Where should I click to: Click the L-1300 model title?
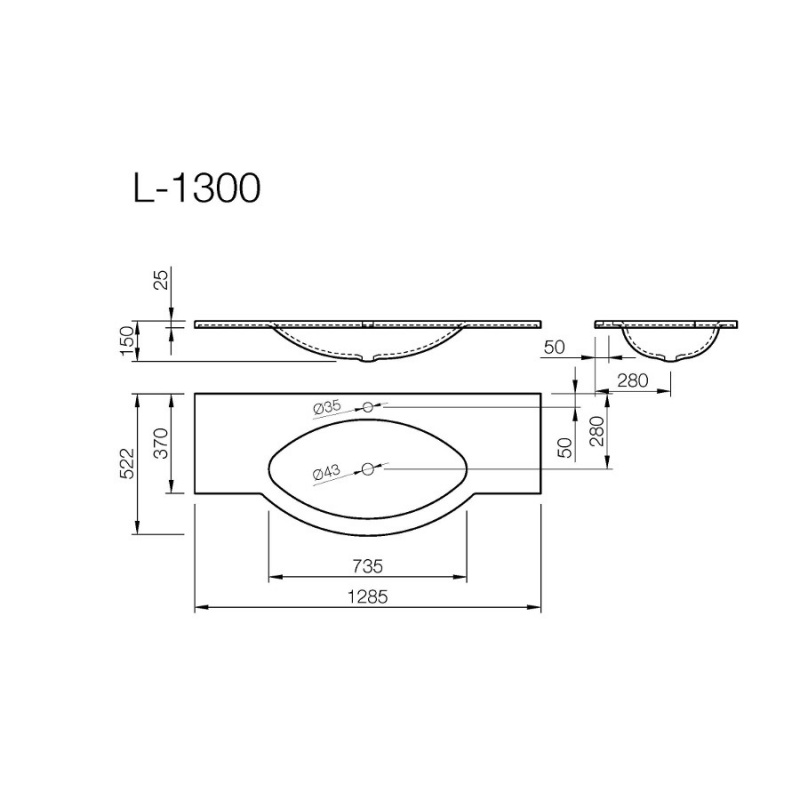tap(197, 188)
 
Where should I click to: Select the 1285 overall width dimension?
tap(367, 596)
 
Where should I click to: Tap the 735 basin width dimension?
tap(367, 566)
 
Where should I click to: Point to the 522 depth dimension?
tap(127, 463)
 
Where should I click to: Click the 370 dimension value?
tap(161, 443)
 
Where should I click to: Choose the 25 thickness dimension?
tap(161, 280)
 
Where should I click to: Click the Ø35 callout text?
tap(328, 407)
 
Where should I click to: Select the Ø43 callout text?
tap(327, 471)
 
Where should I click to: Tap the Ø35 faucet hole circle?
tap(367, 407)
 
